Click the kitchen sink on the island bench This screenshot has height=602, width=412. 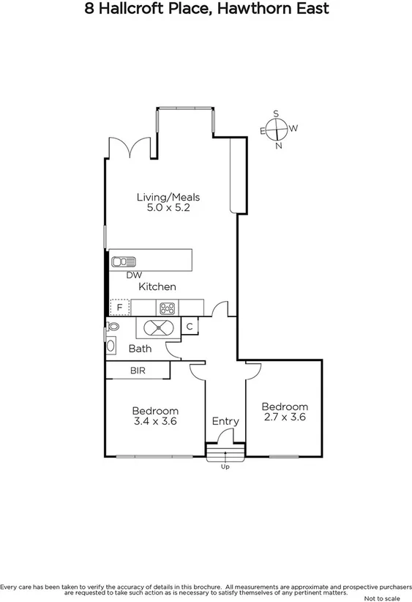pos(123,261)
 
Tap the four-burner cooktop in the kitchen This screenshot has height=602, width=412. pos(167,308)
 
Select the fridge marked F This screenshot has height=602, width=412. pos(119,308)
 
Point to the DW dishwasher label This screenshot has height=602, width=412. pos(133,275)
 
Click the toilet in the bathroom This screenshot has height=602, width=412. pos(113,327)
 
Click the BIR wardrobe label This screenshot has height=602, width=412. pos(138,371)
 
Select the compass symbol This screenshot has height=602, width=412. pos(277,130)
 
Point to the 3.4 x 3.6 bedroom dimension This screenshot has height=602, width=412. pos(155,422)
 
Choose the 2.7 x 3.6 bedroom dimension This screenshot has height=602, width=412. pos(285,417)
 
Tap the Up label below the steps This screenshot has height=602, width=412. pos(225,467)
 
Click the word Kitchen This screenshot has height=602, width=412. pos(157,287)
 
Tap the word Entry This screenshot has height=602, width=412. pos(225,421)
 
